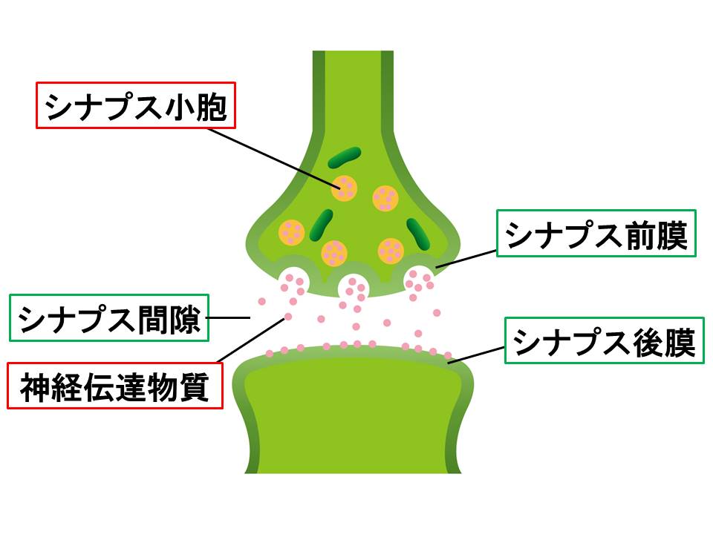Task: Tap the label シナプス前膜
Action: (x=596, y=237)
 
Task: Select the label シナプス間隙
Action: (x=109, y=320)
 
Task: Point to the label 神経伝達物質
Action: (x=114, y=386)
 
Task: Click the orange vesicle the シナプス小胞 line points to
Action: (x=345, y=188)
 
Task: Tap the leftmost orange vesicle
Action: (x=292, y=232)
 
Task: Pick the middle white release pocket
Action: (x=354, y=285)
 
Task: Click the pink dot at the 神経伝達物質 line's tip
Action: (x=287, y=317)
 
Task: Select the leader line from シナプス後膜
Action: (x=476, y=355)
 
